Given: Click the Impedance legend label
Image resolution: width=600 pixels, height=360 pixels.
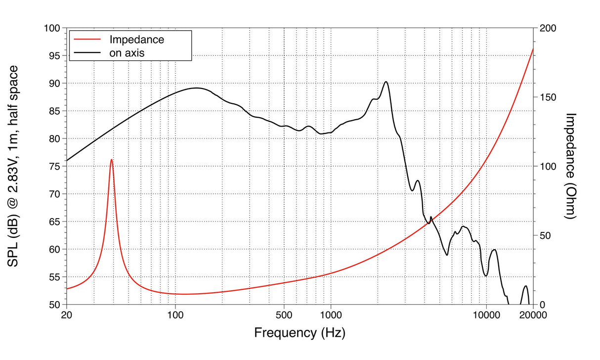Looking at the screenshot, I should click(x=136, y=39).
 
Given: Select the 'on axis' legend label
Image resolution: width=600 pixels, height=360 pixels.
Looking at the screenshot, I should click(x=127, y=52).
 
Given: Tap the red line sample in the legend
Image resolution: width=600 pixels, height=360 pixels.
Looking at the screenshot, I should click(x=87, y=39).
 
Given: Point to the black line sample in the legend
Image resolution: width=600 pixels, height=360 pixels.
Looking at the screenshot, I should click(x=87, y=52).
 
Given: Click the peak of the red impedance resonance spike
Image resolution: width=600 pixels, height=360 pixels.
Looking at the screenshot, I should click(x=111, y=159).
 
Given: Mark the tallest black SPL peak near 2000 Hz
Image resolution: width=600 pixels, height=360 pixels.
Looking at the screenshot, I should click(x=386, y=82).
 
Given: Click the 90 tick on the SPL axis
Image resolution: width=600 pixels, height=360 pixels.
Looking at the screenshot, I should click(x=53, y=84).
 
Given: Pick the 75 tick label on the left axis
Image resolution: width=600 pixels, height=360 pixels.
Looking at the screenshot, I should click(x=53, y=166).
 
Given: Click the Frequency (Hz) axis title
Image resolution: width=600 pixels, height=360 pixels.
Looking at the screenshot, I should click(x=300, y=332).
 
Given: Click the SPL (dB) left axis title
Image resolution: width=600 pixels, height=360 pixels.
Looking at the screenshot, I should click(x=14, y=166).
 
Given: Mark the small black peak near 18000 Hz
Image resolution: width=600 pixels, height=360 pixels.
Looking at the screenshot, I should click(x=525, y=286).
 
